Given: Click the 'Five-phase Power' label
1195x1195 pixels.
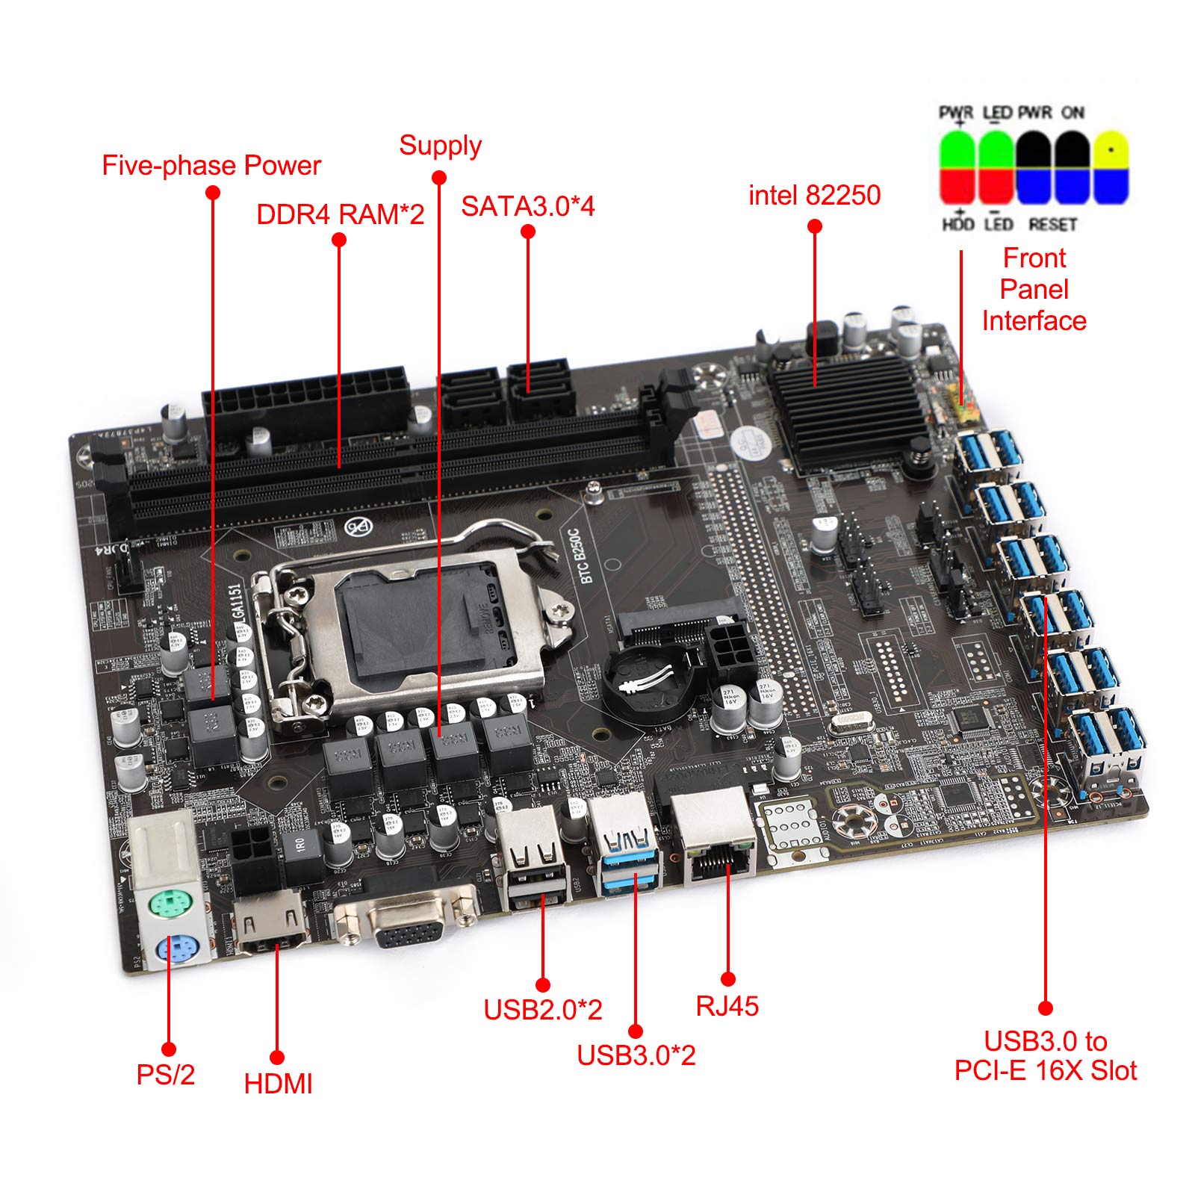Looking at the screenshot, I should click(x=211, y=165).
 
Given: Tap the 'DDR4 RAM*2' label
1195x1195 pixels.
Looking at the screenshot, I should click(x=340, y=214).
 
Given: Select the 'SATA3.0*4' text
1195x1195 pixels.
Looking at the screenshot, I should click(x=527, y=206).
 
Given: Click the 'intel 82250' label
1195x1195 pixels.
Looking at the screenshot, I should click(x=814, y=195).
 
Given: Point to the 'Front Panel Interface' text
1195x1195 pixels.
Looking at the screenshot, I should click(x=1034, y=289).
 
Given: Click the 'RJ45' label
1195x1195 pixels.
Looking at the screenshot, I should click(x=727, y=1006).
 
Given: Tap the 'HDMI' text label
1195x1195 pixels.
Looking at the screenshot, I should click(x=278, y=1084).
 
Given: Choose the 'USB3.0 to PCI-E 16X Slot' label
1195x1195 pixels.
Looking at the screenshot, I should click(x=1045, y=1055).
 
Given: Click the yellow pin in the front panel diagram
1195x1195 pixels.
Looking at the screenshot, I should click(x=1111, y=150).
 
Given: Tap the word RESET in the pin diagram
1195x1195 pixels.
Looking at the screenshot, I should click(x=1052, y=224).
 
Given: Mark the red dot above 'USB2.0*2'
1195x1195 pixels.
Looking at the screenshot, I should click(x=543, y=985).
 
